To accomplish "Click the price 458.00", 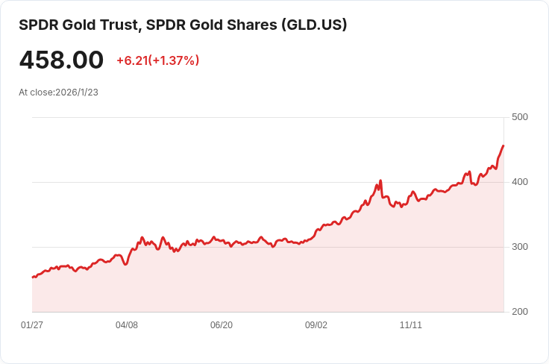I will pos(61,60).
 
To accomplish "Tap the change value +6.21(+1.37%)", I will pos(157,60).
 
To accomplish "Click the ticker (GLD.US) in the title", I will pos(314,25).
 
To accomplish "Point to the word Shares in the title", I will pos(251,25).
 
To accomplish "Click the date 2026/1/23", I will pos(77,92).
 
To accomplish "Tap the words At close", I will pos(36,92).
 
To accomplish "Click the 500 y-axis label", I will pos(520,117).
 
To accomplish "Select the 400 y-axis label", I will pos(520,182).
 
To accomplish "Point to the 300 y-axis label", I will pos(520,247).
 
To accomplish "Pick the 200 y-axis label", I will pos(520,312).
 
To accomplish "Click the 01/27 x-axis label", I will pos(32,325).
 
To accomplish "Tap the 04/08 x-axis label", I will pos(127,325).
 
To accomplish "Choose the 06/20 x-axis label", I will pos(222,325).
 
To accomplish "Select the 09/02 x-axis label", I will pos(316,325).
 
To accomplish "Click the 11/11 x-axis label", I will pos(411,325).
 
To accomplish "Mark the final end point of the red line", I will pos(503,146).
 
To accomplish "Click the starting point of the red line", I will pos(33,277).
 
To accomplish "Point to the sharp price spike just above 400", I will pos(380,181).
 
